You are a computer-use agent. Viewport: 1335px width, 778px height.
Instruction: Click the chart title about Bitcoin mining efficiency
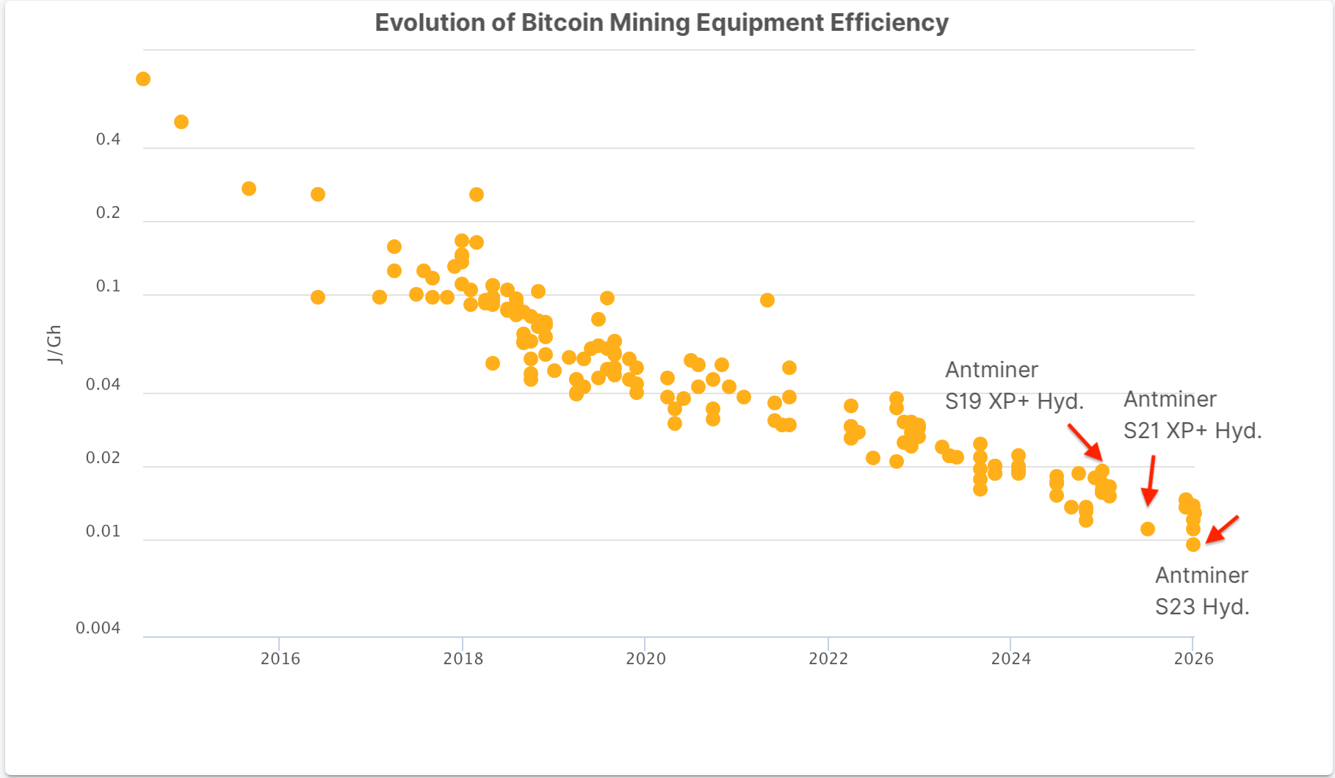click(x=661, y=23)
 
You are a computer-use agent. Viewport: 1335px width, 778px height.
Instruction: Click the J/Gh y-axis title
click(x=54, y=344)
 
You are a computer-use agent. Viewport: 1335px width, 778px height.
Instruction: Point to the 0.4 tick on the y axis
click(x=108, y=139)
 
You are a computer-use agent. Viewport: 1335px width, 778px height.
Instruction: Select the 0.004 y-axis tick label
click(x=98, y=628)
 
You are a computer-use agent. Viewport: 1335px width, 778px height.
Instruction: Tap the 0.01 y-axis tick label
click(x=103, y=531)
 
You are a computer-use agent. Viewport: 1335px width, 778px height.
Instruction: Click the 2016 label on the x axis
click(x=280, y=658)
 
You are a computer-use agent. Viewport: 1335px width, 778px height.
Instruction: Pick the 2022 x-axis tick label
click(x=828, y=658)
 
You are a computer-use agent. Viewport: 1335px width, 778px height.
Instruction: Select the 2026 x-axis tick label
click(x=1193, y=658)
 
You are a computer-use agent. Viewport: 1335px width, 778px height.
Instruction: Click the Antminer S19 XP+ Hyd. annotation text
click(x=1013, y=385)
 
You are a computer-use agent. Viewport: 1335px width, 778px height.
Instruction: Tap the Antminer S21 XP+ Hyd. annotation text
click(x=1192, y=415)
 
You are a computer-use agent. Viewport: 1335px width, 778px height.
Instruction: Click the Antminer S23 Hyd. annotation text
click(x=1202, y=591)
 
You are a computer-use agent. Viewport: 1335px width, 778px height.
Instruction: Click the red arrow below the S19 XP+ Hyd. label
click(x=1085, y=441)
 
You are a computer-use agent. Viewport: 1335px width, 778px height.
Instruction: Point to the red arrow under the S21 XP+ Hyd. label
click(x=1150, y=481)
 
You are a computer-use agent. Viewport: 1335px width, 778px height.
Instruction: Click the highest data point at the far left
click(x=143, y=79)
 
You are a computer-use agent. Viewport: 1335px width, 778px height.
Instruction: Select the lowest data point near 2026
click(x=1193, y=545)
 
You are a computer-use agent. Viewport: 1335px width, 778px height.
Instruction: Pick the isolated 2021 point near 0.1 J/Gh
click(x=767, y=300)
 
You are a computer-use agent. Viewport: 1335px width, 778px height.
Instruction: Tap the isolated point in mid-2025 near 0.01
click(x=1148, y=529)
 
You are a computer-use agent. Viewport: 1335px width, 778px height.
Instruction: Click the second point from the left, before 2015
click(x=181, y=122)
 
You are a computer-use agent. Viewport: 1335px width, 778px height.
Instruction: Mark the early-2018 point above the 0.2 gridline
click(x=477, y=194)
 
